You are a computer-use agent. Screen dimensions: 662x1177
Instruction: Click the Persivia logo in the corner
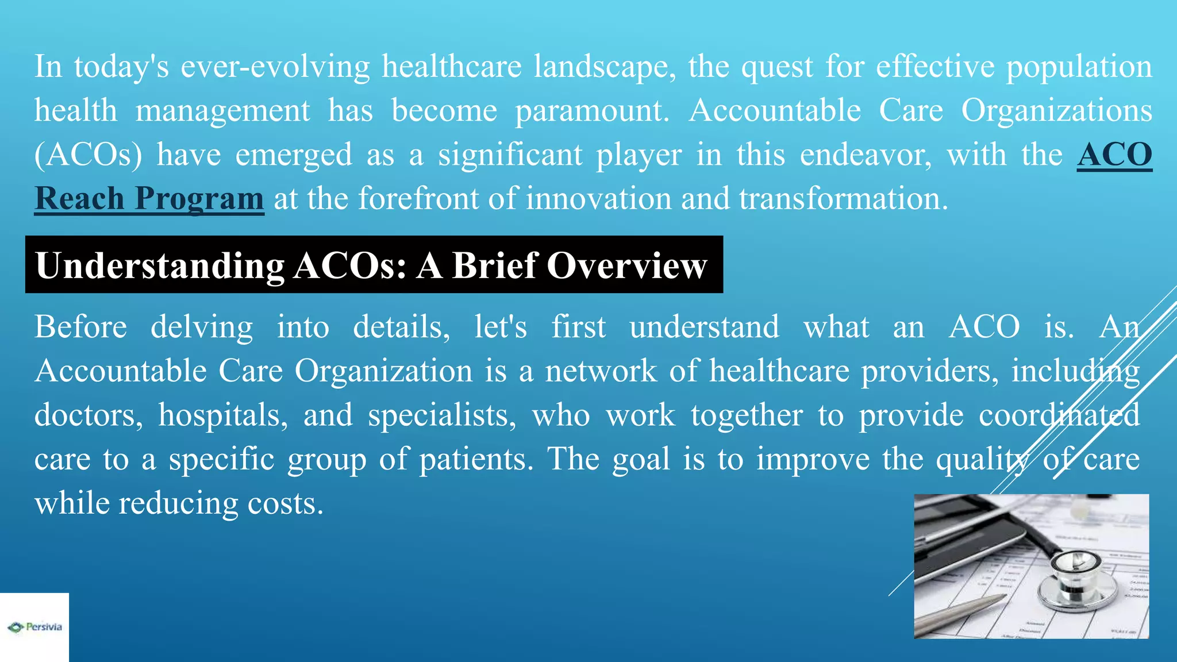coord(34,627)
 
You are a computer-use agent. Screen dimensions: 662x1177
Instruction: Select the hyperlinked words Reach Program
coord(149,199)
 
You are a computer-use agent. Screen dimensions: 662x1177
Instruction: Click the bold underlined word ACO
coord(1114,155)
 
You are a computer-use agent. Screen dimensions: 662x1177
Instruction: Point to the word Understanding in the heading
coord(160,265)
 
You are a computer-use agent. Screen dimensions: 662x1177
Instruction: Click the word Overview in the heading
coord(626,265)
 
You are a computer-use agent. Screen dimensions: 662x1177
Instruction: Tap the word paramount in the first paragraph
coord(592,110)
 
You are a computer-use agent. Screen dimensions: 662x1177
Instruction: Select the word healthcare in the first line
coord(452,67)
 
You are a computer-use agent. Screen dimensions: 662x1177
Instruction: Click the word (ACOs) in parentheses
coord(88,155)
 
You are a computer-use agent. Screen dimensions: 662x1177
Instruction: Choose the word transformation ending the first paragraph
coord(843,199)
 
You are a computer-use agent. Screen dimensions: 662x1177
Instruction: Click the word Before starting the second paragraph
coord(80,327)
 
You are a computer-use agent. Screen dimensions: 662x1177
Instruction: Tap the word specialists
coord(442,415)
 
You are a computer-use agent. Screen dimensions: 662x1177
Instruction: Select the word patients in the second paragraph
coord(476,459)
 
